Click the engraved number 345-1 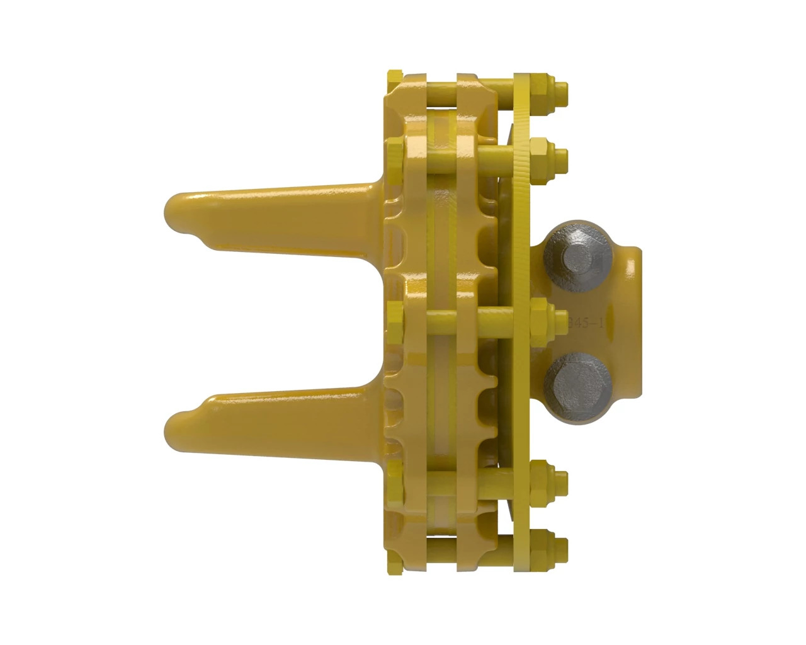click(x=586, y=323)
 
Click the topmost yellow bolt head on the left click(x=394, y=79)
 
